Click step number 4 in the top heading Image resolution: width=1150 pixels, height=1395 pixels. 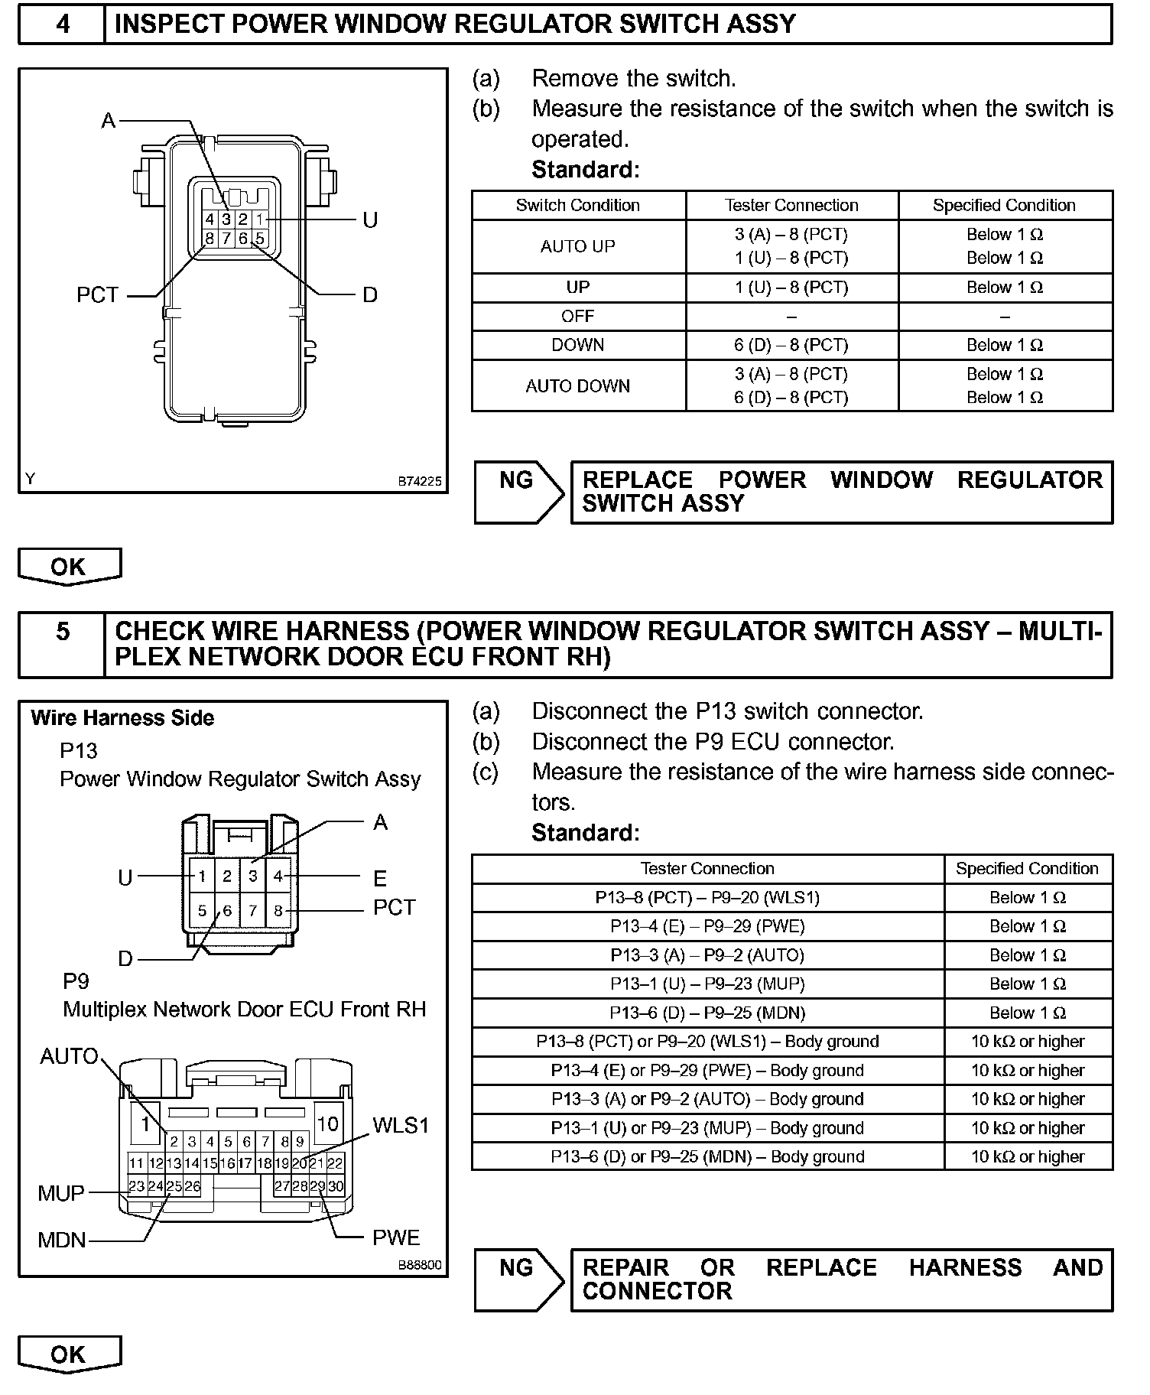tap(63, 24)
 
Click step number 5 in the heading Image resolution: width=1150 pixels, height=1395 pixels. tap(63, 632)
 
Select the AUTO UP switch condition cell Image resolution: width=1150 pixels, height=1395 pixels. tap(578, 246)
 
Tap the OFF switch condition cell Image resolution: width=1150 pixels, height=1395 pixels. tap(578, 316)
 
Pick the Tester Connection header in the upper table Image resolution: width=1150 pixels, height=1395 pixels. tap(791, 205)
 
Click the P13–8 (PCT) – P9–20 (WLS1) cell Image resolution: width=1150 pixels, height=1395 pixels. tap(707, 897)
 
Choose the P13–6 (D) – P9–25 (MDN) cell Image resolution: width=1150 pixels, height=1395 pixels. tap(707, 1013)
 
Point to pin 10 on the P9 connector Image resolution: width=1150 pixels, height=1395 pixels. tap(327, 1123)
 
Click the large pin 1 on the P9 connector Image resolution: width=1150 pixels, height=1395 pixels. tap(145, 1123)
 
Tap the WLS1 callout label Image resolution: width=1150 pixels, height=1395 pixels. tap(401, 1125)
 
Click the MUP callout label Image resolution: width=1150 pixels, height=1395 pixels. tap(61, 1193)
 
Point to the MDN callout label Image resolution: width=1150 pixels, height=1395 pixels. tap(62, 1239)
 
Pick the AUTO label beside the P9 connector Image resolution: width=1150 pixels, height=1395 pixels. tap(69, 1056)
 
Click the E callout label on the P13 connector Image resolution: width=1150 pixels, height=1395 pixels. tap(380, 878)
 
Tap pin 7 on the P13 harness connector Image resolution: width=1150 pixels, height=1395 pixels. tap(253, 911)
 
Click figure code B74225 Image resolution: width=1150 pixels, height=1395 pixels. tap(419, 482)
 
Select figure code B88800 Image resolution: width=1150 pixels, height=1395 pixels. tap(419, 1265)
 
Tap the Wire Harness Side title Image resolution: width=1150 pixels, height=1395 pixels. tap(122, 718)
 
